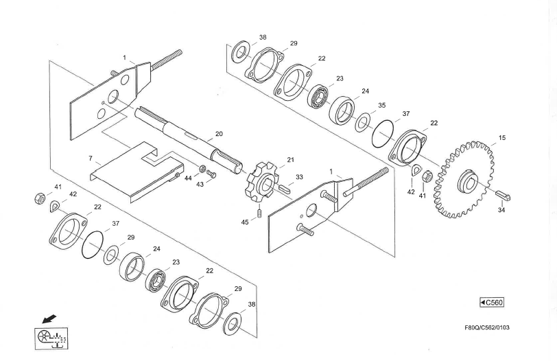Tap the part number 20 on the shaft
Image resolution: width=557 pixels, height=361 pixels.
click(x=219, y=134)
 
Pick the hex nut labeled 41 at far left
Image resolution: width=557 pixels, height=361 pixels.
click(x=38, y=199)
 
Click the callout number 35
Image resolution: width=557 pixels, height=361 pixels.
click(x=381, y=106)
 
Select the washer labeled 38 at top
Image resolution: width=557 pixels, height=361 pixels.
click(x=241, y=50)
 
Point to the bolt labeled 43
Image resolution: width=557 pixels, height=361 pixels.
click(x=211, y=174)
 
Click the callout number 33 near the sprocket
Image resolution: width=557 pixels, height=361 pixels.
click(x=298, y=177)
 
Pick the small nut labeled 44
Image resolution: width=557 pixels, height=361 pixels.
click(x=202, y=169)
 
